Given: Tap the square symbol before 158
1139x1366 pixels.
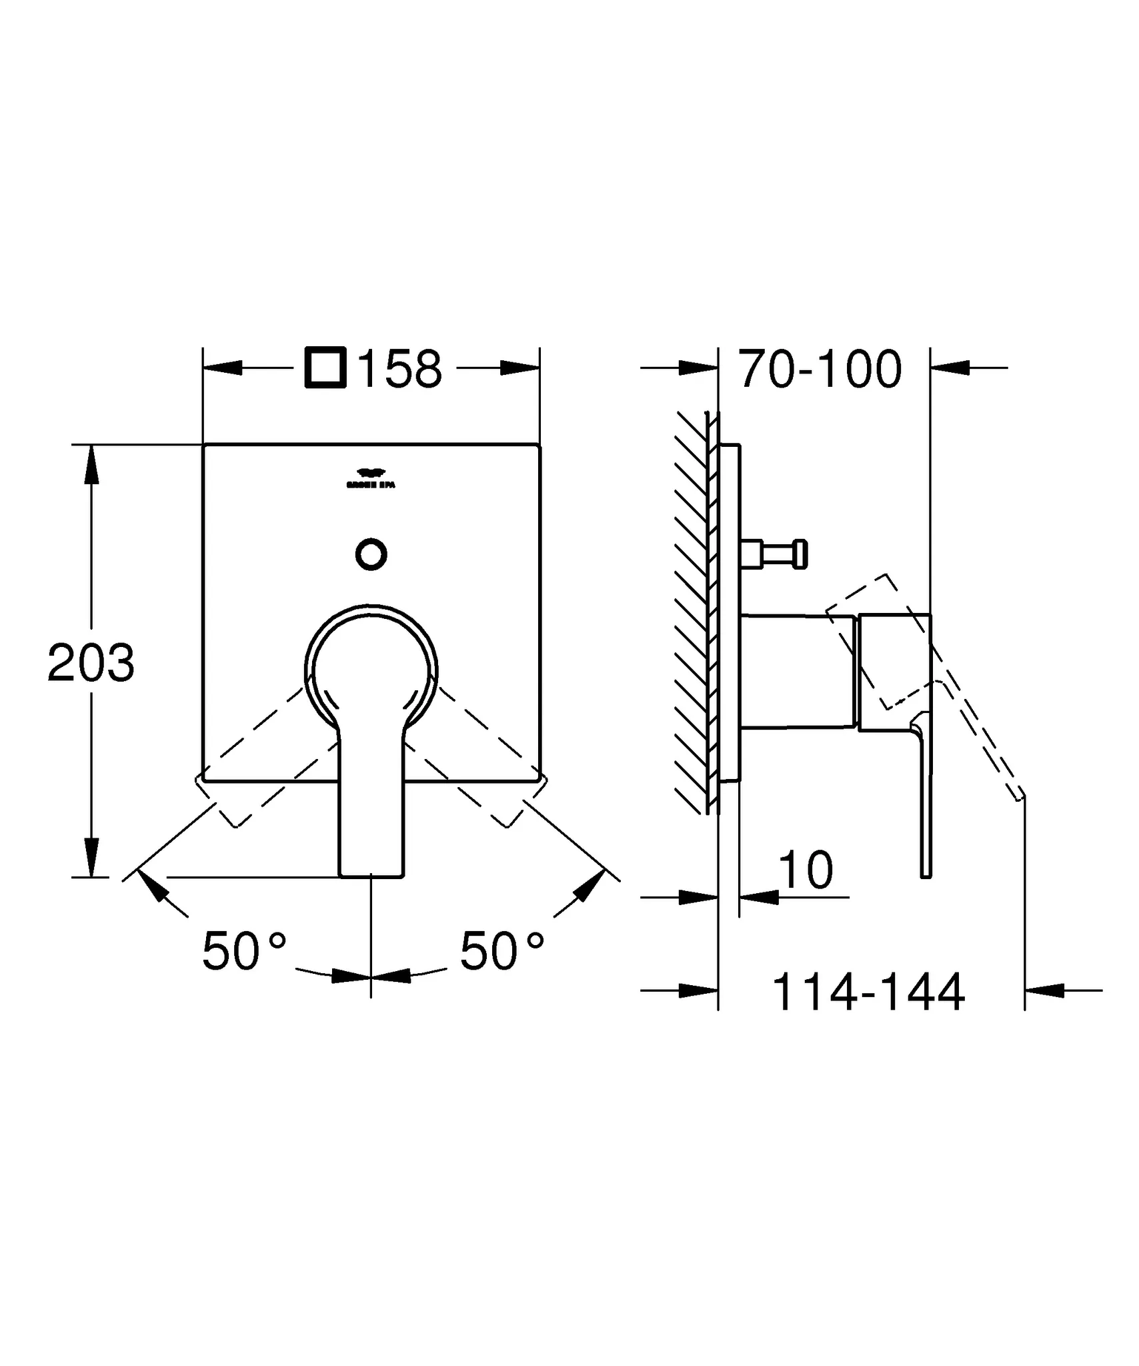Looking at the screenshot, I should [325, 368].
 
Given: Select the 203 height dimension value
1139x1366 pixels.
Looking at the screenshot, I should [91, 663].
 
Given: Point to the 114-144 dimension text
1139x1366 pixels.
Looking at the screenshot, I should [868, 992].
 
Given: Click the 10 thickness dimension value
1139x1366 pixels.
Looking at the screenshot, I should [806, 870].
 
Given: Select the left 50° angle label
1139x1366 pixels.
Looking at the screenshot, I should [244, 951].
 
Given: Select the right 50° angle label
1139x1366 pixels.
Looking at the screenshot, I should [501, 951].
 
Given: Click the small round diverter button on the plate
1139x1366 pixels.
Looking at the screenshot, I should [371, 554].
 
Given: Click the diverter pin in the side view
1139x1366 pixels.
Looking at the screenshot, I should [777, 554].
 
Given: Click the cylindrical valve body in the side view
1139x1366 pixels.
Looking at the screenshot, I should [797, 670].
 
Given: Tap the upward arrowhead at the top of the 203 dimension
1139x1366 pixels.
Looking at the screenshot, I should [91, 464].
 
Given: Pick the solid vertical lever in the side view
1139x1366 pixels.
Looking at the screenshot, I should [925, 800].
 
